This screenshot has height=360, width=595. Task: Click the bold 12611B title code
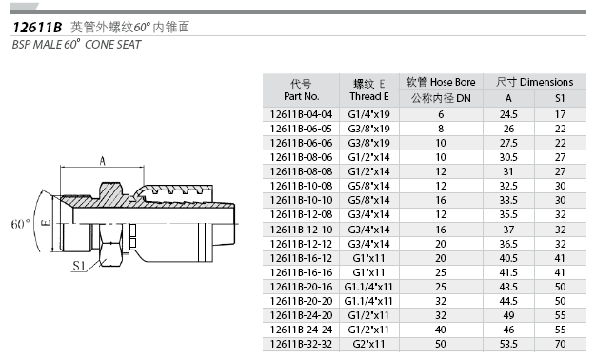click(x=37, y=28)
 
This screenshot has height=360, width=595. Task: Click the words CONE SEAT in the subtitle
click(x=112, y=45)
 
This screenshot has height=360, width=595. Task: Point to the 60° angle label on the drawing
click(x=20, y=224)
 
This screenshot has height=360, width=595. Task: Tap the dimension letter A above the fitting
click(x=102, y=161)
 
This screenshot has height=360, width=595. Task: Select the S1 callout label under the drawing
click(x=79, y=266)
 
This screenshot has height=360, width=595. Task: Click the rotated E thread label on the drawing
click(x=46, y=223)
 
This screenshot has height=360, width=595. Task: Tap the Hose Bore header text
click(x=453, y=82)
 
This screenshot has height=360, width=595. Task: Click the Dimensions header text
click(x=546, y=82)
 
